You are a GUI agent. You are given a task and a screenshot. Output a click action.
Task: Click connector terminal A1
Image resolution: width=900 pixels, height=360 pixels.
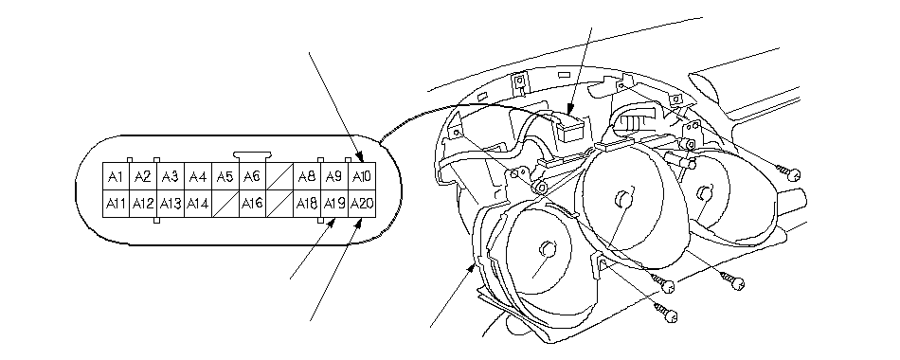(116, 177)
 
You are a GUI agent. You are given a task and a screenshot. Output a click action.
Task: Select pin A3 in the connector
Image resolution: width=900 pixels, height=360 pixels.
(171, 177)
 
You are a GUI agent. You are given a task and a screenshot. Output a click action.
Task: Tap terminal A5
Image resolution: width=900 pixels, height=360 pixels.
(225, 177)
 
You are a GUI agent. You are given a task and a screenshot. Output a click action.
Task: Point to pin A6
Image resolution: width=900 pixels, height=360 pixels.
(252, 177)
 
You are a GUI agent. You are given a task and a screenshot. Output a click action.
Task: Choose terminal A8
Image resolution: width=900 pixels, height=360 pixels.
(307, 177)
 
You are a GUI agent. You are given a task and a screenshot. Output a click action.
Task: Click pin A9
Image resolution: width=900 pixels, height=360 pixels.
(334, 177)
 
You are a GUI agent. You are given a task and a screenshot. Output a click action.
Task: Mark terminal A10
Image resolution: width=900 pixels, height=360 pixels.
(362, 177)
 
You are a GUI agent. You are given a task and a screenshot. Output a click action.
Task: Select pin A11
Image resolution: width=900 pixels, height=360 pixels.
(116, 204)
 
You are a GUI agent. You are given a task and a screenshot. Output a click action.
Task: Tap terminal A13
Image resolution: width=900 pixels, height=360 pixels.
(171, 204)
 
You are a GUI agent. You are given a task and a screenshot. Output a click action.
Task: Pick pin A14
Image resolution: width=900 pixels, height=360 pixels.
(198, 204)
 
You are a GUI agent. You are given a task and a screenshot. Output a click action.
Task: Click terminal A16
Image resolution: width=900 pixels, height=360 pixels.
(252, 204)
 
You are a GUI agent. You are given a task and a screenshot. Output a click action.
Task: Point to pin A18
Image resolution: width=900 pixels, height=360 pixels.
(307, 204)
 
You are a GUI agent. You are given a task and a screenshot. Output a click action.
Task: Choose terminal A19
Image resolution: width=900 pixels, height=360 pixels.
(334, 204)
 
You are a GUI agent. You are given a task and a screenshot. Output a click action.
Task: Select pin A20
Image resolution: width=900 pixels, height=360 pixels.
(362, 204)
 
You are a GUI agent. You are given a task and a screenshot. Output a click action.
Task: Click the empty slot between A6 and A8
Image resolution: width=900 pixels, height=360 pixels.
(279, 177)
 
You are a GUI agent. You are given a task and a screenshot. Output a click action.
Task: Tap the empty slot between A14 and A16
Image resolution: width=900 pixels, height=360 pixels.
(225, 204)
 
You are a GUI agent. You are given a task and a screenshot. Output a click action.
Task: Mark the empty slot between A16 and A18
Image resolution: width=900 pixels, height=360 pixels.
(279, 204)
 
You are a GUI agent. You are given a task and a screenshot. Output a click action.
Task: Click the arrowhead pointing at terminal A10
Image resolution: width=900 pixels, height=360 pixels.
(361, 158)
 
